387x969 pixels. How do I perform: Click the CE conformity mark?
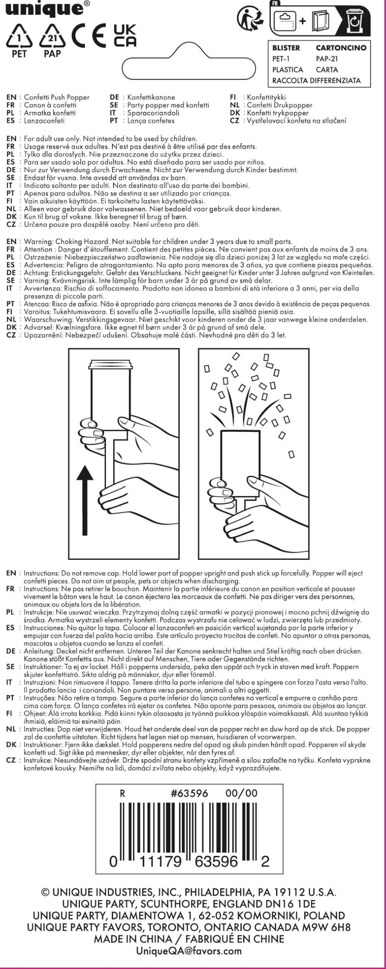[89, 36]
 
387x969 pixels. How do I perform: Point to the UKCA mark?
[125, 36]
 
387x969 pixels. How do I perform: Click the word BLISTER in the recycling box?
[286, 48]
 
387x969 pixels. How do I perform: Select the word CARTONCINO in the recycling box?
[341, 48]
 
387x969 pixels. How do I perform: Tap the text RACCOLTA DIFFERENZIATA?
[316, 80]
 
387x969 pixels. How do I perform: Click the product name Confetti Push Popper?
[57, 97]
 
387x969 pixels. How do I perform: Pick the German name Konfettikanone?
[151, 97]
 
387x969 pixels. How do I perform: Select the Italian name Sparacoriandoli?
[153, 113]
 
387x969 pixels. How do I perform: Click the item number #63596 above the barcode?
[190, 793]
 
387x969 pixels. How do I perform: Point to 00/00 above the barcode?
[241, 793]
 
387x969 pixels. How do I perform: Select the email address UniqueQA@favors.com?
[188, 950]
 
